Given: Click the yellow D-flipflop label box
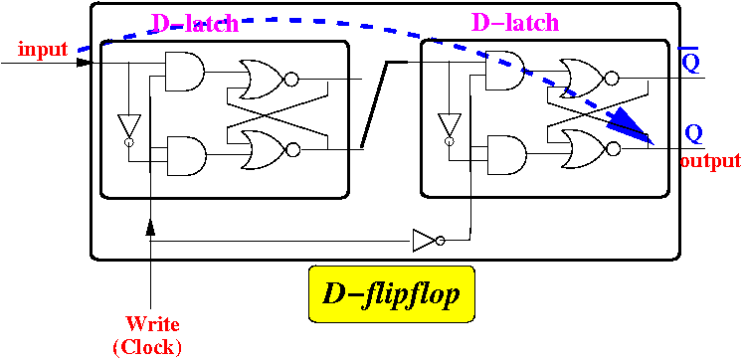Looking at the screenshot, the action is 392,294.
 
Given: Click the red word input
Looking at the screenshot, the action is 43,49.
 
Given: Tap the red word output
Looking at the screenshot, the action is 710,161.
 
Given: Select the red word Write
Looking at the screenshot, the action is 153,325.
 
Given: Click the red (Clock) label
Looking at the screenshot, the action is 147,348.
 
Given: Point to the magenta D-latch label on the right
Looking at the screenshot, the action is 516,22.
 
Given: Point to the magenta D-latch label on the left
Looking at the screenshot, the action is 195,23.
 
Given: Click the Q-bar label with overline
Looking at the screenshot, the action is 691,61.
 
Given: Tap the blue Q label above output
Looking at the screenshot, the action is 693,134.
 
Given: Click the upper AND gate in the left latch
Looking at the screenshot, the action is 184,72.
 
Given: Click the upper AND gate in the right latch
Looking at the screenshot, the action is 504,71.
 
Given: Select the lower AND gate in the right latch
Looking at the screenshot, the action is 506,155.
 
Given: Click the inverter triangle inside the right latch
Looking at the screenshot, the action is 449,128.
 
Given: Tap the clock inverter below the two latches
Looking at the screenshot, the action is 429,241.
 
